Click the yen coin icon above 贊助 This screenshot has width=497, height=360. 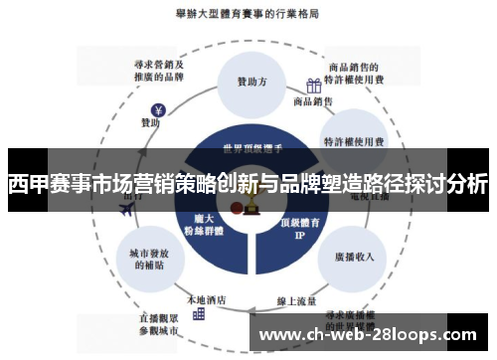click(157, 110)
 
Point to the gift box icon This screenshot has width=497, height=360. click(313, 87)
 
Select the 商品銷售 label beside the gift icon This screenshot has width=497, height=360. click(312, 101)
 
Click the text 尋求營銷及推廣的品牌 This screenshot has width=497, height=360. click(159, 68)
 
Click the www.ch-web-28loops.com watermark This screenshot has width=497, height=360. click(374, 334)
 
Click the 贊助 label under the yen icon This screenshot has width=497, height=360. click(150, 123)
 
